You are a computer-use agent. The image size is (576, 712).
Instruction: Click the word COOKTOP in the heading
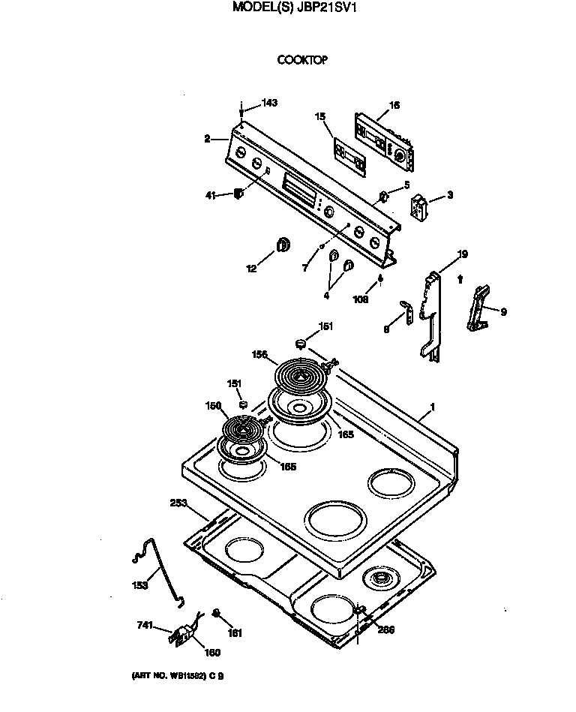point(302,60)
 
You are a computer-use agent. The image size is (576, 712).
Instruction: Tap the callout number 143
point(268,103)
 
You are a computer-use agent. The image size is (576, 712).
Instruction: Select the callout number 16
point(395,105)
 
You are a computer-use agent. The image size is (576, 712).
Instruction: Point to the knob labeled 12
point(283,244)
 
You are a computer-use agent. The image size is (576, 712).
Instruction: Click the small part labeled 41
point(238,194)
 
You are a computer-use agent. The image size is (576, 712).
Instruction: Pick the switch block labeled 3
point(418,205)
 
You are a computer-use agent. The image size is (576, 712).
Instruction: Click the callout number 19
point(463,254)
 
